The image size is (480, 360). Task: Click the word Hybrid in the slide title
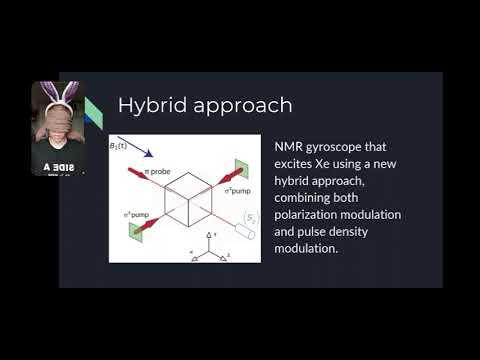point(146,105)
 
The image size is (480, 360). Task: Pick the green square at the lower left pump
point(134,231)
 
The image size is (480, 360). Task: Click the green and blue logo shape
point(94,112)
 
